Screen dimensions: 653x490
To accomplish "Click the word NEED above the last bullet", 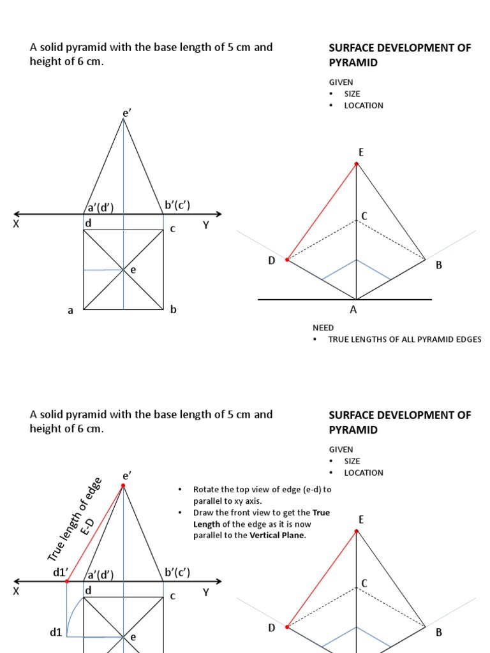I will (323, 327).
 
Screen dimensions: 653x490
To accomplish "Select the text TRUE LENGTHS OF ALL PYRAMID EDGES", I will (405, 339).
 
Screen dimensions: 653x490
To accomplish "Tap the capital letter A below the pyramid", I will (353, 310).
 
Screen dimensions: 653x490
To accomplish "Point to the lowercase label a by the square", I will (71, 311).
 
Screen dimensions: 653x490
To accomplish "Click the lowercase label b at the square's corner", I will (173, 310).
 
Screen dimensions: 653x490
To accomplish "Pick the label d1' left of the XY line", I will (60, 573).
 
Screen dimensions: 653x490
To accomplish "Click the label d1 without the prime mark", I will (56, 633).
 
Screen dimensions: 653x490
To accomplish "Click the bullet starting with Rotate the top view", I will (262, 495).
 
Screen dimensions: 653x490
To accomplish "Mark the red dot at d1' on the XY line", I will (67, 582).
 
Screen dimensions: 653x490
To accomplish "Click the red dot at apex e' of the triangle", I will (123, 486).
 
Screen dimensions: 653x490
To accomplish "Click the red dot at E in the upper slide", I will (357, 164).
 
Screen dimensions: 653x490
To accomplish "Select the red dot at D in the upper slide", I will (287, 260).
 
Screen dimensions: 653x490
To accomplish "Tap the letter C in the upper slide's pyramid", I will (364, 216).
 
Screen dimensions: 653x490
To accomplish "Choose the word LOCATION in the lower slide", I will (364, 473).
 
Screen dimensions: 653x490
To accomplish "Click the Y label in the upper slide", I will (206, 224).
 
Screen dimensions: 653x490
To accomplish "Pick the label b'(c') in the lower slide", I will (177, 573).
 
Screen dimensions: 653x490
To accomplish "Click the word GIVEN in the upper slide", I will (341, 82).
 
